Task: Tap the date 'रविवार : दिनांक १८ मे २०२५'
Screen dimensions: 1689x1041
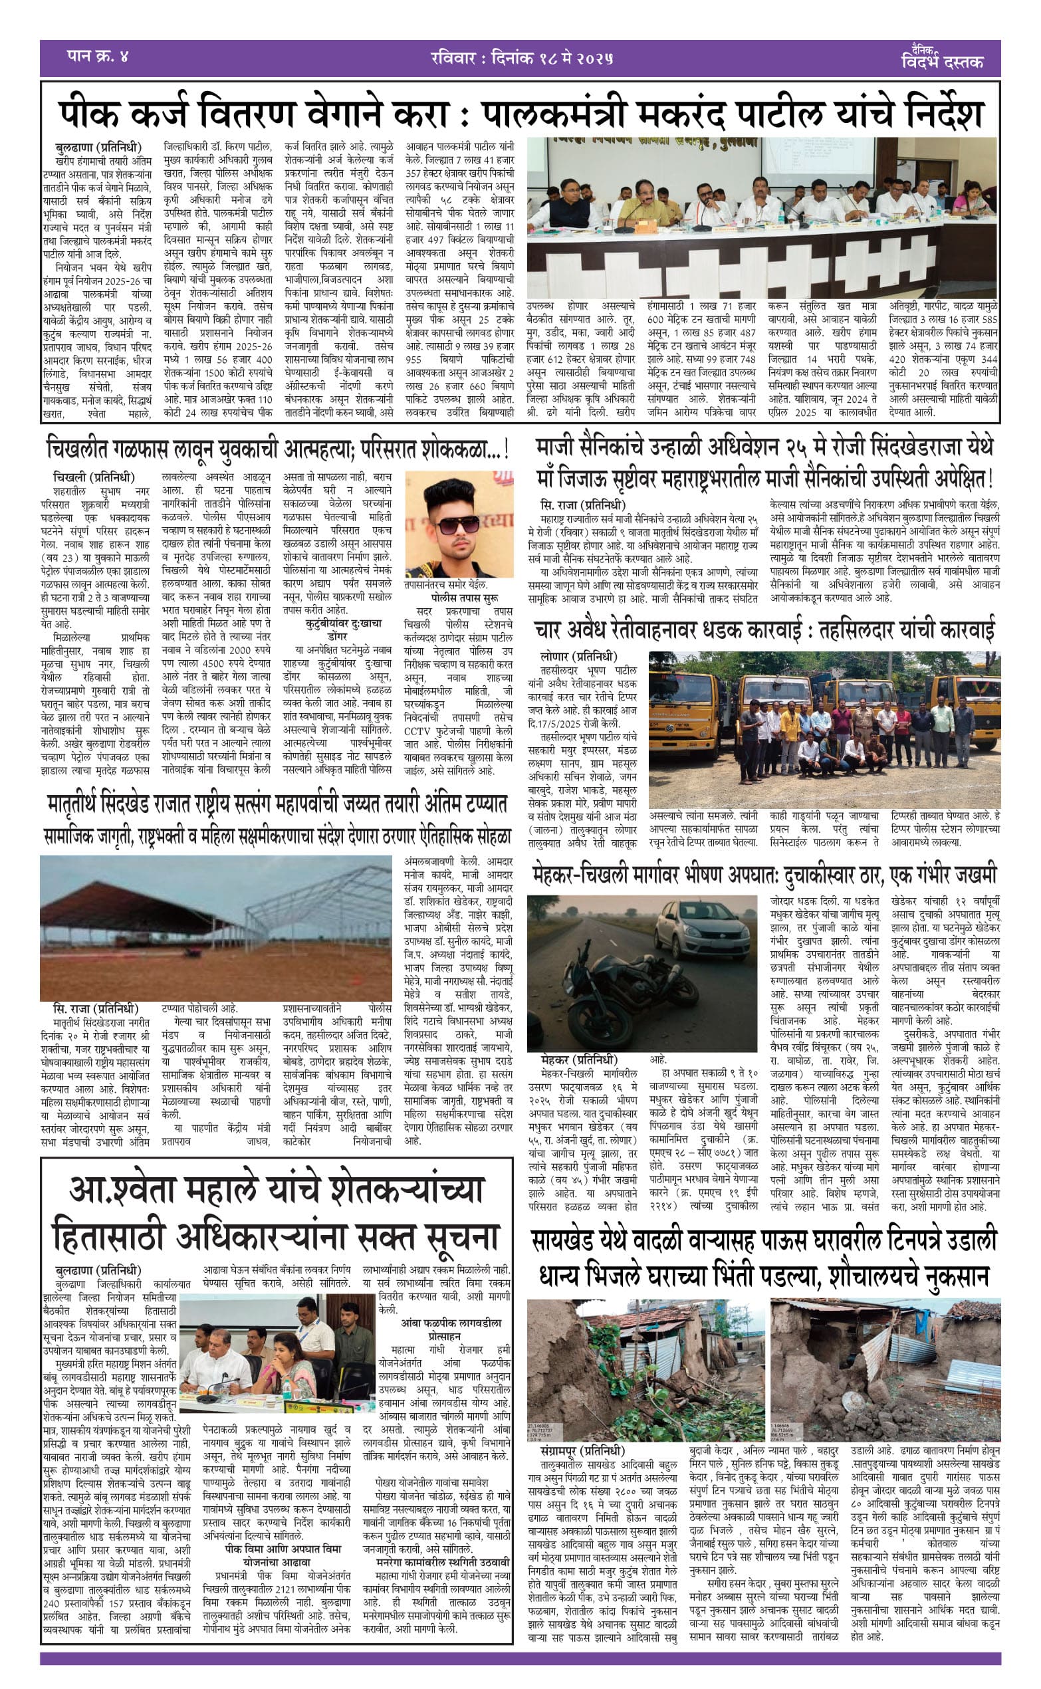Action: pyautogui.click(x=520, y=58)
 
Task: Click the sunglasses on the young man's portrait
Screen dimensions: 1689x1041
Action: pyautogui.click(x=458, y=525)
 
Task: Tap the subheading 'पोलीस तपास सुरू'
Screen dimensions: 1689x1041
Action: pyautogui.click(x=465, y=598)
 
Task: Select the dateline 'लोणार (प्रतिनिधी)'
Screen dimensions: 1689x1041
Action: pyautogui.click(x=578, y=657)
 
